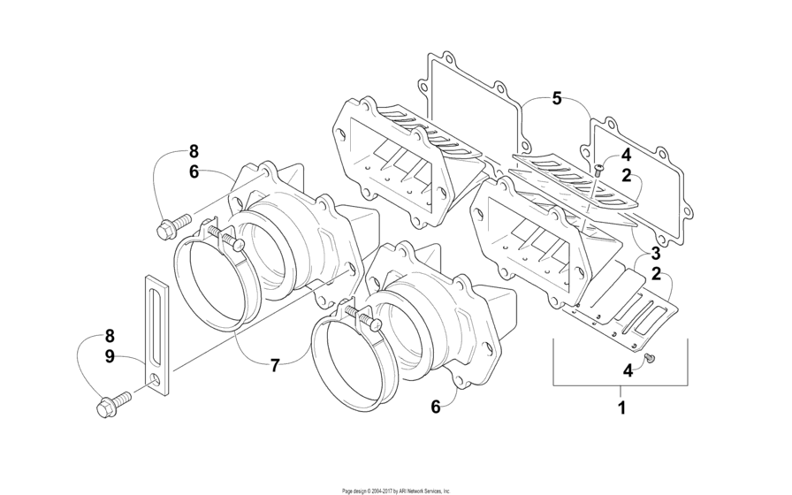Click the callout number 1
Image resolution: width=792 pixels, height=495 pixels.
(x=621, y=407)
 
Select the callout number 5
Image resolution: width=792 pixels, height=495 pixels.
(x=556, y=98)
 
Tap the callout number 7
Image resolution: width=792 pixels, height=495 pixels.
(x=275, y=365)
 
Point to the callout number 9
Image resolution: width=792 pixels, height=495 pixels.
(x=110, y=356)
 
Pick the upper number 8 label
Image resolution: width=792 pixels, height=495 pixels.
(x=194, y=151)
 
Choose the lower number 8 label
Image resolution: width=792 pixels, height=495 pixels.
(x=110, y=336)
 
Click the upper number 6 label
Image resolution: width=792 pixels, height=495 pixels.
(x=194, y=171)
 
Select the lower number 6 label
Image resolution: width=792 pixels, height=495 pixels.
(x=436, y=407)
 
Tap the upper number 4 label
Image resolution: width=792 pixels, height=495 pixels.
(x=627, y=155)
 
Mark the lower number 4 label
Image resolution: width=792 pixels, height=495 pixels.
(x=628, y=371)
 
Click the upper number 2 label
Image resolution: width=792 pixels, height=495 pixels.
(x=627, y=176)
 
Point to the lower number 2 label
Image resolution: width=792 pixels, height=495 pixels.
(x=656, y=274)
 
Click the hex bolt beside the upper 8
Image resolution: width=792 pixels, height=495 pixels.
(x=174, y=226)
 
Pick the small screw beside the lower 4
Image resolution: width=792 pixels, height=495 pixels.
(x=651, y=359)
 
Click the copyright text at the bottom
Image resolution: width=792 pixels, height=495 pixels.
(x=396, y=491)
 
